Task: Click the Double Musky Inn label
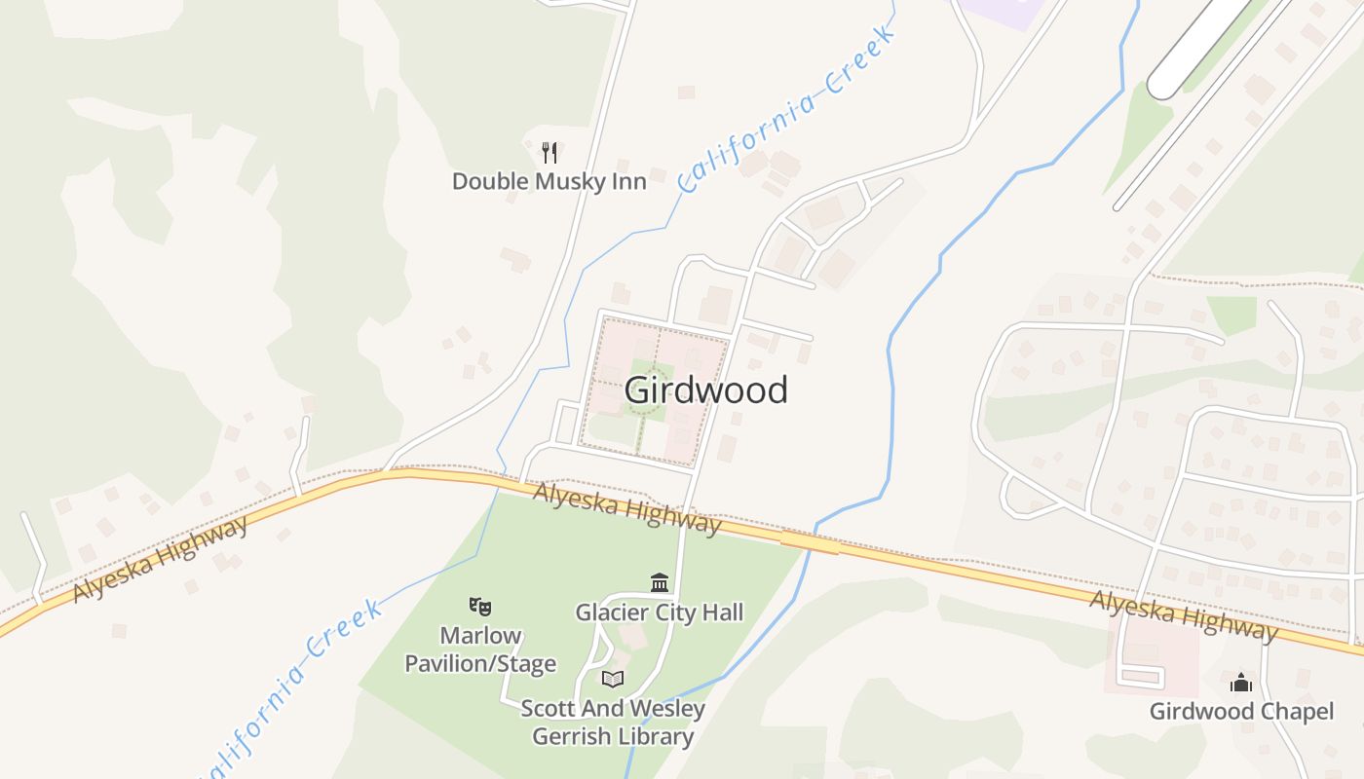point(549,181)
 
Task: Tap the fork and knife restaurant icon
point(549,152)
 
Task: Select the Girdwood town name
point(705,390)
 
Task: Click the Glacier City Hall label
point(659,612)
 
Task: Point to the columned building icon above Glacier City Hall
point(660,582)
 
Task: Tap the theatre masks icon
point(479,607)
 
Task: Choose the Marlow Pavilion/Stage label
point(480,649)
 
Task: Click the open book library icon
point(612,679)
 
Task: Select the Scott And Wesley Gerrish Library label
point(612,722)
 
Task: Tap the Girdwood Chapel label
point(1241,711)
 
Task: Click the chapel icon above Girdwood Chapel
point(1241,682)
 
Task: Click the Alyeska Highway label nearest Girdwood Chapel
point(1183,615)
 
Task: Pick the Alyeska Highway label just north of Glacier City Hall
point(626,510)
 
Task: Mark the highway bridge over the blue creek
point(809,541)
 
